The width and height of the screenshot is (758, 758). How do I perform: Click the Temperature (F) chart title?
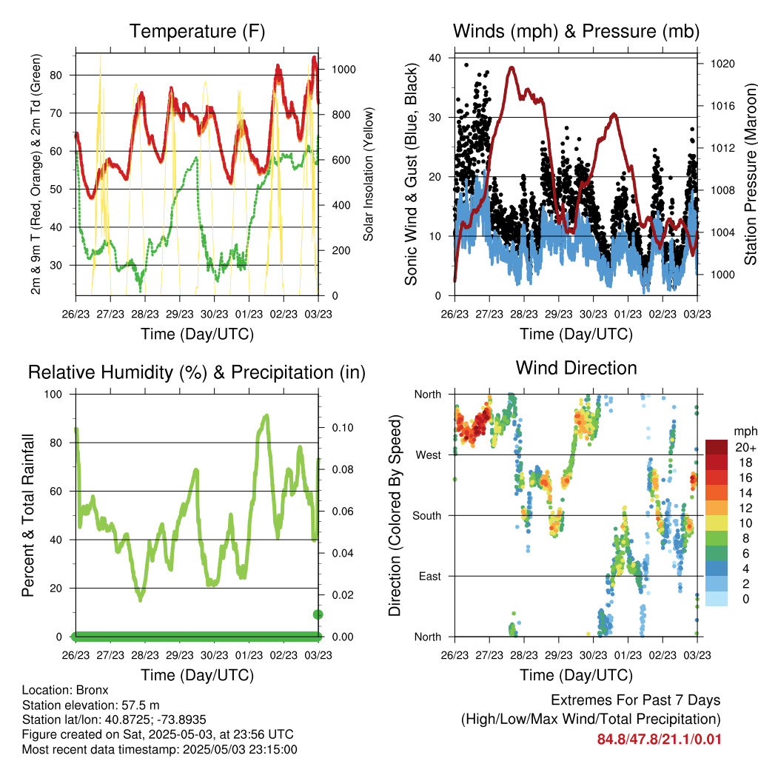197,31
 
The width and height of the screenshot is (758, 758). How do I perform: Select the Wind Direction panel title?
576,368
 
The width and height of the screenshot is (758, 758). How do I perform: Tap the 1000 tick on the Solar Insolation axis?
343,70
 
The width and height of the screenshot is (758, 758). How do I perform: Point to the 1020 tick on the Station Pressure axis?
722,64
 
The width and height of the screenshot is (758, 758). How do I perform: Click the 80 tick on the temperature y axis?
56,76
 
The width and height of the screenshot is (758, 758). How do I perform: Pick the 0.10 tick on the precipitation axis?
343,428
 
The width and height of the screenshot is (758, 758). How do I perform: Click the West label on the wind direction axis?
429,455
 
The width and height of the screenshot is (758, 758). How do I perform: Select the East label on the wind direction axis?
430,576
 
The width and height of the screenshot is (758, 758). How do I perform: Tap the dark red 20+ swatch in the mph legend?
717,447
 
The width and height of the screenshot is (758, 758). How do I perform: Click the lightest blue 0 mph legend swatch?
717,599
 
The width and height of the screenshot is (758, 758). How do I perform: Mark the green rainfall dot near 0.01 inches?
318,614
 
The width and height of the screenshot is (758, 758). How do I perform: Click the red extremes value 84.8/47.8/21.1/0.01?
659,739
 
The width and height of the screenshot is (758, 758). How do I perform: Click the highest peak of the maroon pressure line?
512,67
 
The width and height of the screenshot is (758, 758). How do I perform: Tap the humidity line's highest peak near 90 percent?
266,416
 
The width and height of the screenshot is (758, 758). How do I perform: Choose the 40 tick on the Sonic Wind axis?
435,58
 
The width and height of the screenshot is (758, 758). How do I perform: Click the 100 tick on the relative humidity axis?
53,395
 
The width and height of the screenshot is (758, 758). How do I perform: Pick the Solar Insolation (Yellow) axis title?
369,174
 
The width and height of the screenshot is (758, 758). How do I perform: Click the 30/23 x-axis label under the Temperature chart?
214,314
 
